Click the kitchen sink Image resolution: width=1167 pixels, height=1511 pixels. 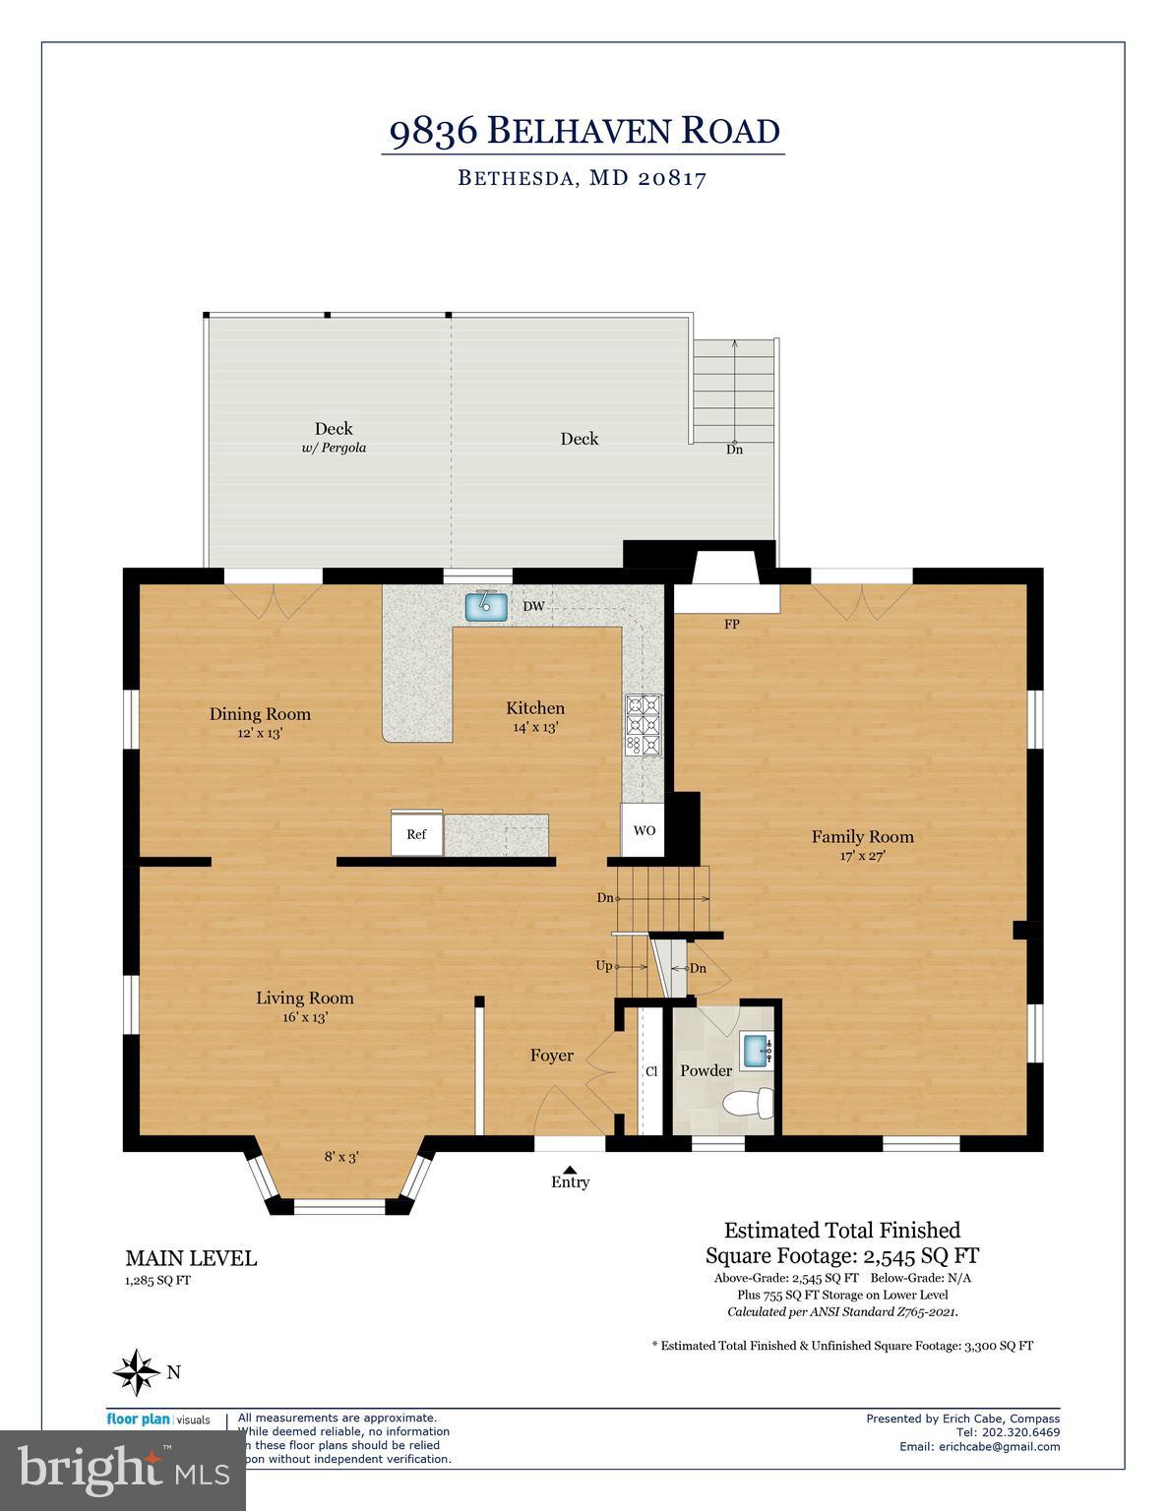coord(485,606)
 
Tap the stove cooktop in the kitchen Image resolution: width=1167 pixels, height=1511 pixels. coord(645,725)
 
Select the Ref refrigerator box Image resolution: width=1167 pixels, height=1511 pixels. coord(416,834)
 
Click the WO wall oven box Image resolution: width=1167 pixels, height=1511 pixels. coord(645,830)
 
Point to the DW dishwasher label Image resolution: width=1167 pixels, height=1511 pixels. coord(533,606)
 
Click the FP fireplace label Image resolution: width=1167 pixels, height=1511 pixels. coord(731,625)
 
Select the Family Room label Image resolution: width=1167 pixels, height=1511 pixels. coord(862,837)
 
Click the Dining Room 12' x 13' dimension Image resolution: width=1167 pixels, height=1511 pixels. coord(260,733)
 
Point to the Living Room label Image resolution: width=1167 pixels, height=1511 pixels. coord(304,997)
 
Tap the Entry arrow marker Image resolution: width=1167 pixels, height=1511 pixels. coord(570,1168)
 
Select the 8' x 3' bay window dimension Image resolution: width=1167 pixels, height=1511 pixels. coord(340,1157)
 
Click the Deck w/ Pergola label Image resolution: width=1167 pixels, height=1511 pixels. coord(334,437)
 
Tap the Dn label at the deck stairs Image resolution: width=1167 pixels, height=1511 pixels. coord(734,450)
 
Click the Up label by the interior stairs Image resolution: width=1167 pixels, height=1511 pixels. coord(603,966)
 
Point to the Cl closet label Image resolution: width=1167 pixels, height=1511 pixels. coord(650,1071)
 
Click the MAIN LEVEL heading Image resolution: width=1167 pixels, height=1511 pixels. coord(191,1258)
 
